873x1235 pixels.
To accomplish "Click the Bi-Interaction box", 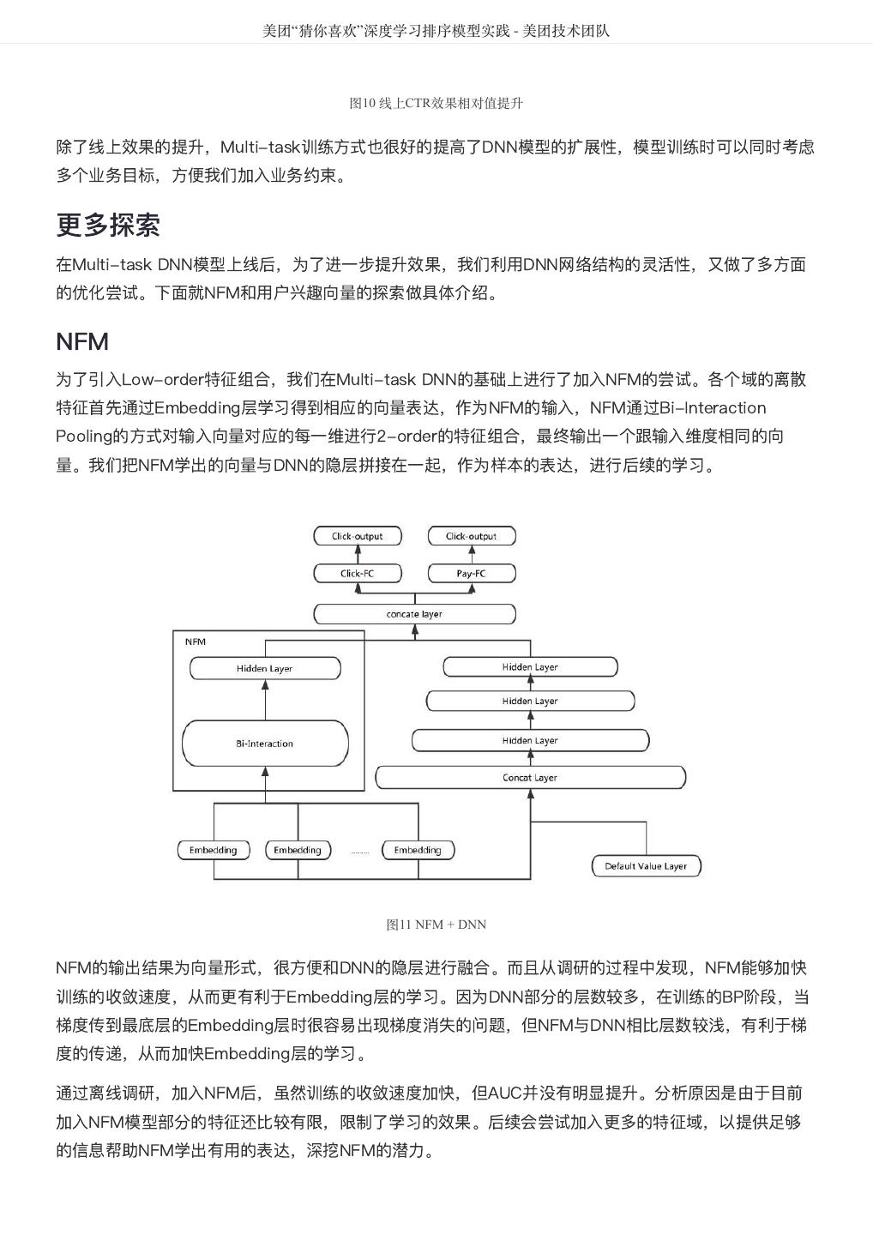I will click(265, 744).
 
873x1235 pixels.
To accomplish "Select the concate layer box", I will click(414, 614).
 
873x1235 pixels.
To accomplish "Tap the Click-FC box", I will click(357, 573).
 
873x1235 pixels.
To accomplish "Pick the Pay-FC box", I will click(471, 573).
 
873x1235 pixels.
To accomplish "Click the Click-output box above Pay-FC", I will click(471, 536).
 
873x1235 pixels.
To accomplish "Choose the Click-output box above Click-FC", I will click(357, 536).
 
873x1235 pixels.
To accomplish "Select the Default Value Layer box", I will click(646, 865).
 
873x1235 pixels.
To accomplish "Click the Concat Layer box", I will click(530, 778).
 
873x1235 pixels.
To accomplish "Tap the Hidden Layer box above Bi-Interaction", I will click(265, 668).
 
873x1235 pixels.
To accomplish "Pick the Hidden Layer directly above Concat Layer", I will click(530, 740).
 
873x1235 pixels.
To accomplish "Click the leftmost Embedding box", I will click(213, 850).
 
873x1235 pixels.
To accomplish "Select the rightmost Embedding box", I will click(418, 850).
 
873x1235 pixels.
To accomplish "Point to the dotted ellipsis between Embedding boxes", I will click(359, 852).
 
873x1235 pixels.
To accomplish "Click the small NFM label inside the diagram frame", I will click(196, 642).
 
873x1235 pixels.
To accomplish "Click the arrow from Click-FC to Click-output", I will click(357, 554).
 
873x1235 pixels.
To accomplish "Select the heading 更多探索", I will click(108, 225).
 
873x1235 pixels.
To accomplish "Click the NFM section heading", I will click(82, 341).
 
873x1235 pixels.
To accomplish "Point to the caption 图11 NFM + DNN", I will click(436, 925).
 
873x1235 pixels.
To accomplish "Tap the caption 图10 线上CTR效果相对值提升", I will click(436, 103).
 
